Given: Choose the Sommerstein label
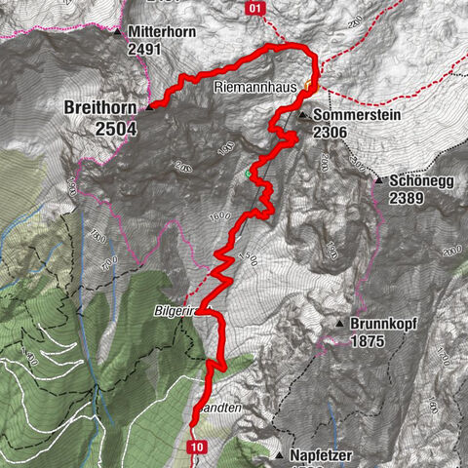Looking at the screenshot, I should pos(349,115).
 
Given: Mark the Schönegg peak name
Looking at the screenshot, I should pos(417,181).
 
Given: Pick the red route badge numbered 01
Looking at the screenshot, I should pos(255,8).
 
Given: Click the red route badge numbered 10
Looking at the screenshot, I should pos(198,447).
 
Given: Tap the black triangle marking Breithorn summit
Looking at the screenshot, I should pos(150,108).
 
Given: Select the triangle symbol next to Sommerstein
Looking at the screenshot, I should pos(303,115).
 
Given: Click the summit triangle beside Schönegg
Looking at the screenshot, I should pos(377,181).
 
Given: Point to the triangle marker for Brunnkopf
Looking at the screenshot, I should pos(339,324).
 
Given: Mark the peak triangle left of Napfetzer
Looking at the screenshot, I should pos(280,455).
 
